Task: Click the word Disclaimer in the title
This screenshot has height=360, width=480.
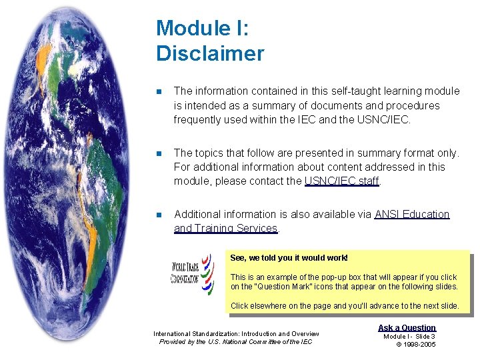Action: point(210,53)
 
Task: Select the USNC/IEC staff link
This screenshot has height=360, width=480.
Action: point(341,181)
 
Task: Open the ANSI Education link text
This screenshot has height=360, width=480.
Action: point(412,214)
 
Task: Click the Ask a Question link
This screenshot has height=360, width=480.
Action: point(407,327)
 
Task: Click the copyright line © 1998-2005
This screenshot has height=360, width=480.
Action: point(416,344)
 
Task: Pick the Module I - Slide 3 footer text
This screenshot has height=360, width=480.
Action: point(409,336)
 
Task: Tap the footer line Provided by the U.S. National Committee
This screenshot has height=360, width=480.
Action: point(235,342)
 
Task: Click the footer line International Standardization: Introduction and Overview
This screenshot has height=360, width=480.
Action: point(236,334)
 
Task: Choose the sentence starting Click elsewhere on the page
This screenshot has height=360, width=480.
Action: point(344,305)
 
